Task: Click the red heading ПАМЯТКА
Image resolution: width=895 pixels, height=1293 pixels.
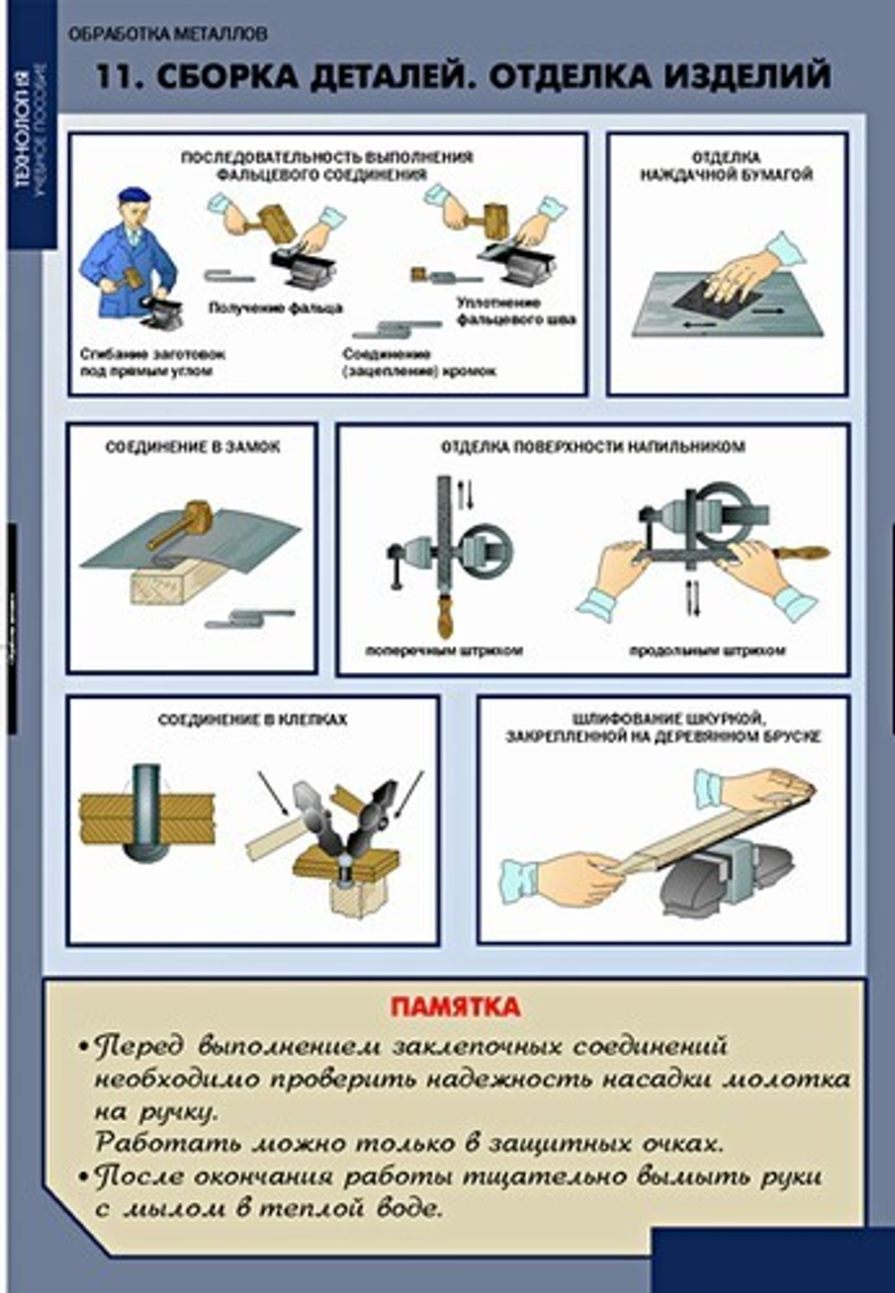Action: click(x=455, y=1007)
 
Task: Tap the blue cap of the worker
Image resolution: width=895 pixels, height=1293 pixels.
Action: click(x=133, y=196)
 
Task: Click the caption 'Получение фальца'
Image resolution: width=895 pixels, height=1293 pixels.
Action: click(x=276, y=308)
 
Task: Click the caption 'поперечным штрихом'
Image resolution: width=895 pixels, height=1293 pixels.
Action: click(x=443, y=651)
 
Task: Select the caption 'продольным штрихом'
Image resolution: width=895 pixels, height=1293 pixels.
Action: click(x=706, y=651)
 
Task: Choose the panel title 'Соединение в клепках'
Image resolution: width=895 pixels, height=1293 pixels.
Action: click(x=252, y=719)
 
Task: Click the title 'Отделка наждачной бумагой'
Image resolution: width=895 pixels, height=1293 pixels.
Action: click(x=726, y=166)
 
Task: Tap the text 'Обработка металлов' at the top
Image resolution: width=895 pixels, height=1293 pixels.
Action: click(x=168, y=35)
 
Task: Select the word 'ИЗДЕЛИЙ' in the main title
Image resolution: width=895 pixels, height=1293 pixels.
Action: click(x=746, y=77)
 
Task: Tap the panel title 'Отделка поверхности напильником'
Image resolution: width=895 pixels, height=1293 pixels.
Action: click(x=592, y=447)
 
